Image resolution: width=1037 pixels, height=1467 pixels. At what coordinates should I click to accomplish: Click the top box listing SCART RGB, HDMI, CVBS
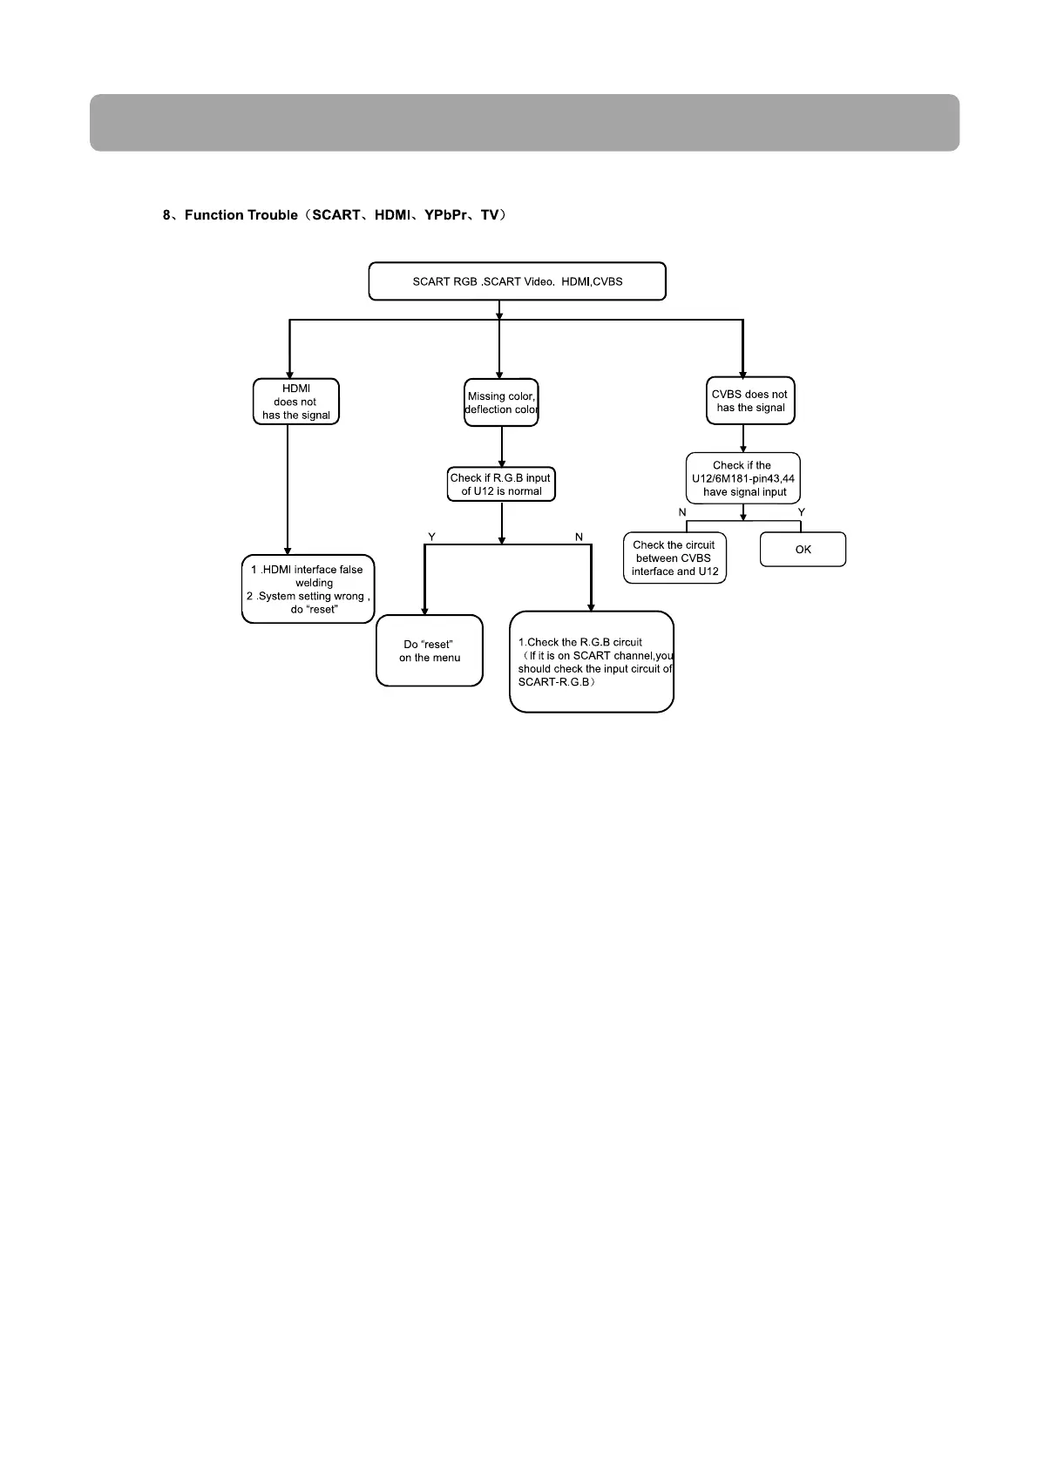[517, 281]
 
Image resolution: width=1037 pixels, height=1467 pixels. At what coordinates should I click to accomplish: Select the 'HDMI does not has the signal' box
[296, 402]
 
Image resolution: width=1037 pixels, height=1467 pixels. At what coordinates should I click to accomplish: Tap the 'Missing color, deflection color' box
[501, 402]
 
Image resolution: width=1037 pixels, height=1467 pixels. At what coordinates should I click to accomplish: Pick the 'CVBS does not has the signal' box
[749, 401]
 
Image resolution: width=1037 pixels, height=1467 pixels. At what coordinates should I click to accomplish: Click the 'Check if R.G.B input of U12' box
[501, 484]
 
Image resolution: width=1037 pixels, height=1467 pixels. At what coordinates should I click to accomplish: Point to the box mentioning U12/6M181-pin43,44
[742, 478]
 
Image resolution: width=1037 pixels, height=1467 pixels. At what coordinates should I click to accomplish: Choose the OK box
[803, 550]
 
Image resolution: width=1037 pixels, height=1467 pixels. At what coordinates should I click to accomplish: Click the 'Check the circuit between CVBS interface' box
[674, 558]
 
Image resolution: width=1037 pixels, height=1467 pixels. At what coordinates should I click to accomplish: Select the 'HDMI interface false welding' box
[308, 589]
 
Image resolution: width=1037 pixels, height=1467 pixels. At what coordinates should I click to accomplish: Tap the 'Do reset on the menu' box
[430, 651]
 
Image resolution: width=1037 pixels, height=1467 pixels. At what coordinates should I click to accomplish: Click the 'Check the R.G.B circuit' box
[591, 662]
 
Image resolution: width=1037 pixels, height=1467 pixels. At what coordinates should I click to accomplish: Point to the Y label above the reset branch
[431, 537]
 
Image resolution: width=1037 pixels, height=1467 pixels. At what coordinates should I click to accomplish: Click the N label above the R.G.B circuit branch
[579, 537]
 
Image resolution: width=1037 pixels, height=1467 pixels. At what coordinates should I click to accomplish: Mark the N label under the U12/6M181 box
[682, 512]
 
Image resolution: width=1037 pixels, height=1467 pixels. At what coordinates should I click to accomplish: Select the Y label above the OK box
[802, 512]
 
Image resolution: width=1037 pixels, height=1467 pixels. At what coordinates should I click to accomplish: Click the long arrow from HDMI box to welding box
[288, 488]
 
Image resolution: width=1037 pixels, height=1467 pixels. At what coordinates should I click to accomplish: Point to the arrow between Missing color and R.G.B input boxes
[502, 446]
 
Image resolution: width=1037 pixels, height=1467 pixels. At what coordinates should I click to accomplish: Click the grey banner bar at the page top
[524, 123]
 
